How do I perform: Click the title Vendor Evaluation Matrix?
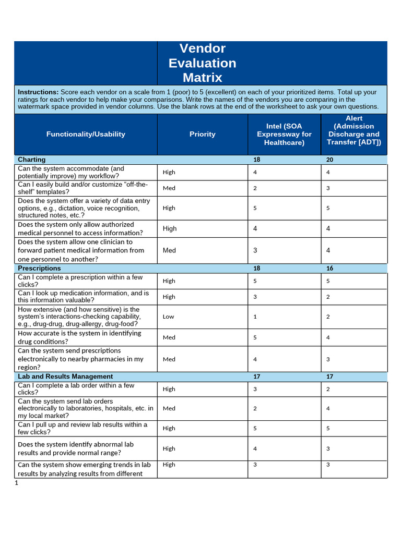[202, 63]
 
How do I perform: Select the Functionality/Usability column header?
[86, 134]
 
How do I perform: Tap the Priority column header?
[202, 134]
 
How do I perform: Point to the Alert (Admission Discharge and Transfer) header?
[353, 130]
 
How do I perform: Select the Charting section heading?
[31, 160]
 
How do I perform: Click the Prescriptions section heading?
[39, 268]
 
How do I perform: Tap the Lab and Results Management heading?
[65, 376]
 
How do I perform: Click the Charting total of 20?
[329, 160]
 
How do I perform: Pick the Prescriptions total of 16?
[329, 268]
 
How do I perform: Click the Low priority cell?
[169, 317]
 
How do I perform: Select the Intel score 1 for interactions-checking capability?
[255, 317]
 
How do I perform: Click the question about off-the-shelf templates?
[84, 188]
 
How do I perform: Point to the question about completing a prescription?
[81, 281]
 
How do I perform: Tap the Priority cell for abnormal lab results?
[169, 448]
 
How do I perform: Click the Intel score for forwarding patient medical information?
[255, 250]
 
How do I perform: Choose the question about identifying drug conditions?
[79, 337]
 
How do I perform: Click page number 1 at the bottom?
[16, 483]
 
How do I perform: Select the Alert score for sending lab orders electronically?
[328, 408]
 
